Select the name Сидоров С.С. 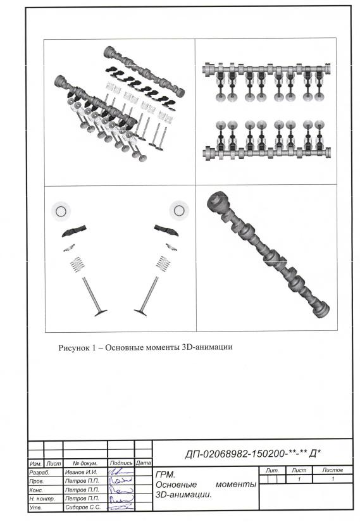pos(83,507)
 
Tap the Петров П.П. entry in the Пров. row pos(82,481)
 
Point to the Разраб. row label pos(39,473)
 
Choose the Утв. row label pos(35,507)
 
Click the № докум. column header pos(85,463)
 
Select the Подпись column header pos(121,463)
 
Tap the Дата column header pos(144,463)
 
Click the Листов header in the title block pos(332,470)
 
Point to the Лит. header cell pos(272,470)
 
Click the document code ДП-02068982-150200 pos(235,454)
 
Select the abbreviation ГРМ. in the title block pos(165,475)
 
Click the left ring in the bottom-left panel pos(61,211)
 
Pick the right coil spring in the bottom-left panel pos(163,264)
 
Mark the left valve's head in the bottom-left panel pos(101,313)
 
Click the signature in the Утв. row pos(122,507)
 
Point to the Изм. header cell pos(35,463)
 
